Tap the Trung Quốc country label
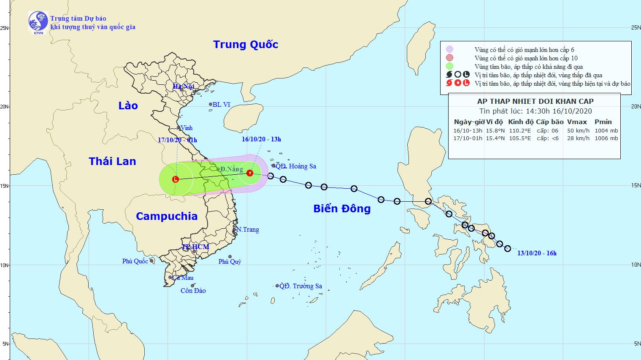(x=246, y=44)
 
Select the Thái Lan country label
(x=112, y=161)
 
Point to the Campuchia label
(x=167, y=216)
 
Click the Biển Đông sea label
(x=342, y=208)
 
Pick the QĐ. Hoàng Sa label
(x=296, y=166)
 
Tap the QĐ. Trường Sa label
(x=300, y=286)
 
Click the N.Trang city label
(x=247, y=230)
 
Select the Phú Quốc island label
(x=135, y=261)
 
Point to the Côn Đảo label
(x=193, y=291)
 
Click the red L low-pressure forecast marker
(x=176, y=179)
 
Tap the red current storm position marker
(x=249, y=173)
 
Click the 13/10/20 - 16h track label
(x=536, y=253)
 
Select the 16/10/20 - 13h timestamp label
(x=261, y=139)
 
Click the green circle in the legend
(x=450, y=66)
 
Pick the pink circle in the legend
(x=450, y=58)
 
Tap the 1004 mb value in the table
(x=606, y=131)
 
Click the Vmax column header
(x=577, y=122)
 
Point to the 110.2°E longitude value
(x=520, y=131)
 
